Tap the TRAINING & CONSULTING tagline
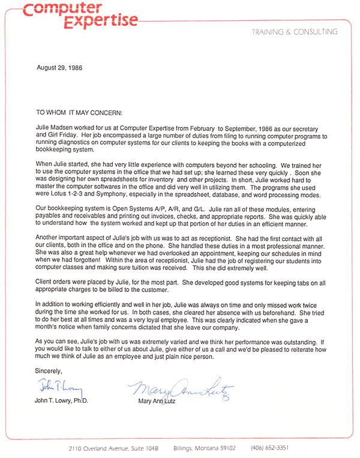(295, 32)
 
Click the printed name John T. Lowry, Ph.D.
(62, 400)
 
